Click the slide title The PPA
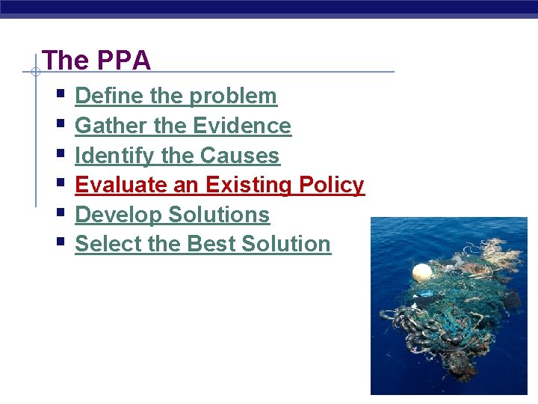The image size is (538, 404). coord(96,61)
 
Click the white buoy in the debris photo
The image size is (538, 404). coord(422,272)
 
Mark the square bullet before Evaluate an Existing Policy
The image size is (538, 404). coord(60,183)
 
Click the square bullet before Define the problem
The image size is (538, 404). coord(60,95)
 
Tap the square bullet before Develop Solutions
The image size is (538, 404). coord(60,213)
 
